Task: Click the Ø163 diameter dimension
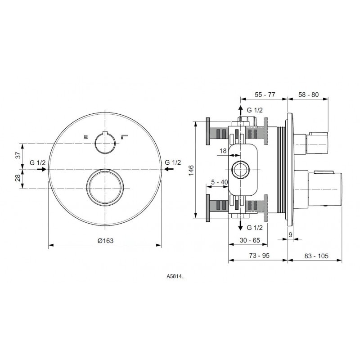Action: (x=105, y=241)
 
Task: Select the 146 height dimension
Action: (x=191, y=171)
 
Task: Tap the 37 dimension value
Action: (x=18, y=155)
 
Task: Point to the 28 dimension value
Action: (x=18, y=178)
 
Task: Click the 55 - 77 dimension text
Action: (x=265, y=94)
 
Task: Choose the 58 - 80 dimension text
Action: (x=308, y=94)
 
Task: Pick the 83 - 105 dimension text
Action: (x=316, y=256)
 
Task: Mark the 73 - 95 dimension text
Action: (x=259, y=256)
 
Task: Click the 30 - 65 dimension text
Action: (x=250, y=240)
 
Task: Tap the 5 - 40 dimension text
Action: (x=220, y=182)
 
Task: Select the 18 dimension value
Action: (x=223, y=151)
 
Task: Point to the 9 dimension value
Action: (x=290, y=234)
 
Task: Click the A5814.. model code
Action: (x=175, y=277)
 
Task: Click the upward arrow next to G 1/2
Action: (x=240, y=111)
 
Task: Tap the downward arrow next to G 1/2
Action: (x=240, y=225)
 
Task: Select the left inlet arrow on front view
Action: (x=41, y=169)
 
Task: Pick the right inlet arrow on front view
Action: (x=169, y=169)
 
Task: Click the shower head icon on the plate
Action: (x=86, y=137)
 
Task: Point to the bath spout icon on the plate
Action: (x=125, y=137)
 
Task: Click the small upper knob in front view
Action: (x=105, y=143)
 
